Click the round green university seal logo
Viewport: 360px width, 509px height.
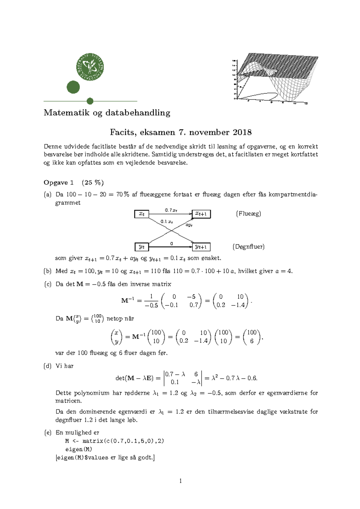[x=90, y=67]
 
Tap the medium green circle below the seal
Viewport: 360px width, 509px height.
[x=73, y=87]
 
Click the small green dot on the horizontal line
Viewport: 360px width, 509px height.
[x=90, y=101]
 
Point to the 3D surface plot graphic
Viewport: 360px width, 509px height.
[x=274, y=79]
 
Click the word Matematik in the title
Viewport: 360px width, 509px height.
[x=67, y=113]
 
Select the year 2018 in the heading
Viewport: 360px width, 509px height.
[x=242, y=132]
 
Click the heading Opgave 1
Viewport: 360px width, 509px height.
[x=58, y=183]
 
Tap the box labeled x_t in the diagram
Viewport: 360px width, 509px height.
[x=142, y=214]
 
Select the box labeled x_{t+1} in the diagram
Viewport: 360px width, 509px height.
[x=201, y=214]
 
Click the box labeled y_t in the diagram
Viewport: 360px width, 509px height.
[x=142, y=247]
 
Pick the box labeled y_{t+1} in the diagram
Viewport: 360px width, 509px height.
[x=201, y=247]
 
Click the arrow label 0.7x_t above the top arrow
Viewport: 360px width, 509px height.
[x=171, y=210]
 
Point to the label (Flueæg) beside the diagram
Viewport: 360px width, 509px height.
[x=248, y=214]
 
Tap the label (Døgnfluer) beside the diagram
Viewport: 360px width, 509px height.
[x=248, y=247]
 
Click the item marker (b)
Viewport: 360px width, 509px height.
[x=48, y=271]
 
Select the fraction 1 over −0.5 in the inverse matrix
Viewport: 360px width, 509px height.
[x=151, y=301]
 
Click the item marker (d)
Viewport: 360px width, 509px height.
[x=48, y=366]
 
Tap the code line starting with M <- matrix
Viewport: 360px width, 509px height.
[x=115, y=441]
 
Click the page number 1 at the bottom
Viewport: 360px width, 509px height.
[x=180, y=481]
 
